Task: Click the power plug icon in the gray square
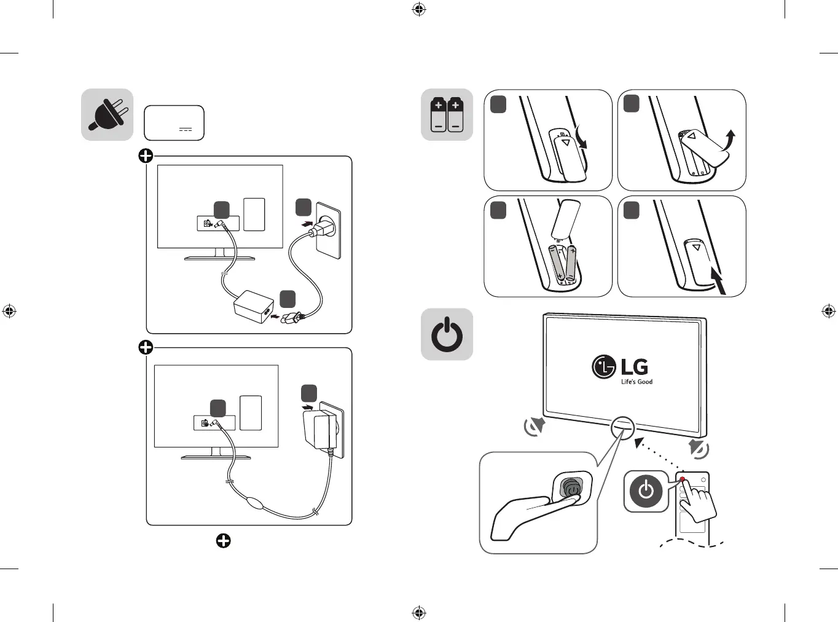coord(107,115)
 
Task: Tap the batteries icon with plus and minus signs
coord(447,114)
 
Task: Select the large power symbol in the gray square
coord(447,334)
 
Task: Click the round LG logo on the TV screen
coord(603,367)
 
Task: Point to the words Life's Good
coord(636,382)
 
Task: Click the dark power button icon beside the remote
coord(646,491)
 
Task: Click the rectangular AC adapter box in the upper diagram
coord(253,305)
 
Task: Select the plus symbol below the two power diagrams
coord(223,541)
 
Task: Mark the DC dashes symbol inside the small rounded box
coord(186,130)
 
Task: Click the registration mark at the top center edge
coord(419,9)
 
